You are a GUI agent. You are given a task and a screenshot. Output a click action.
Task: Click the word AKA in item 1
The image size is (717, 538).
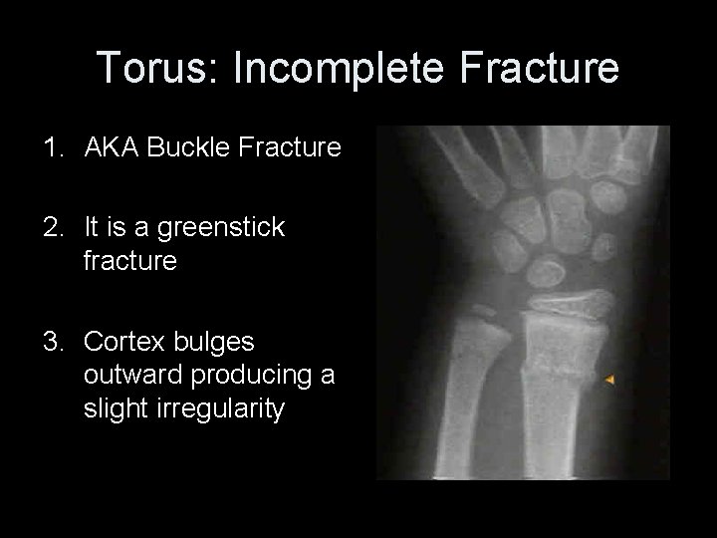pos(109,149)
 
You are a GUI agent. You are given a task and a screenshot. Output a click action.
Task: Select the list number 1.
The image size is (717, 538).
pos(50,149)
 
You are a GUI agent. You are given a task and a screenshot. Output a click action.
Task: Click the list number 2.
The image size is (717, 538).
pos(50,228)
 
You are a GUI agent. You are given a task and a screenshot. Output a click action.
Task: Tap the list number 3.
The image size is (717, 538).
pos(50,342)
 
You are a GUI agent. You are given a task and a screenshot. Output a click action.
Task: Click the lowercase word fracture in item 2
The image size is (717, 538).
pos(130,262)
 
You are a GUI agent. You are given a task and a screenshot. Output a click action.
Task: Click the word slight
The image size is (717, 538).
pos(113,409)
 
